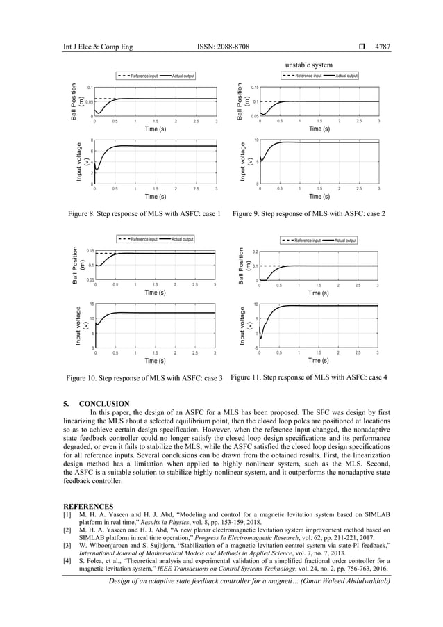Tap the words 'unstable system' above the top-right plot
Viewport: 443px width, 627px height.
point(309,65)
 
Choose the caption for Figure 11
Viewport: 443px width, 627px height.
point(308,377)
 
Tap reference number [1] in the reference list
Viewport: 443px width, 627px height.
point(68,514)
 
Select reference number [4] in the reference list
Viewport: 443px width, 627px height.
point(68,560)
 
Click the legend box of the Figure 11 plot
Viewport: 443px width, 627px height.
point(319,241)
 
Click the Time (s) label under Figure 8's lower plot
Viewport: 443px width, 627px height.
point(155,197)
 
